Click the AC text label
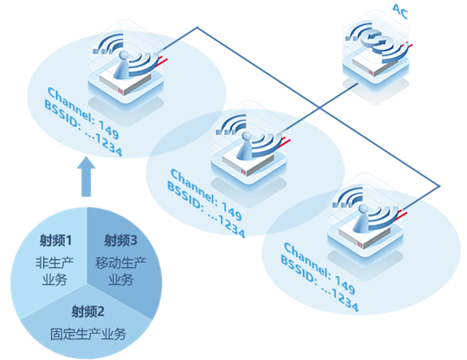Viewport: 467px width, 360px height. click(400, 11)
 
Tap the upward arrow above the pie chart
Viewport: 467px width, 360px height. click(86, 176)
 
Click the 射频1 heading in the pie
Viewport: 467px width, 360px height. click(56, 240)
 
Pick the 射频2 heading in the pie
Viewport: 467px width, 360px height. click(88, 312)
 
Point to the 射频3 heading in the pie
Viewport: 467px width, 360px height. click(121, 240)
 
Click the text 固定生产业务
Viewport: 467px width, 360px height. click(88, 334)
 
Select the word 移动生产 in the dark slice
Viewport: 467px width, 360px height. click(121, 263)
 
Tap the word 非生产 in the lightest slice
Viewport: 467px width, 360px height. click(55, 263)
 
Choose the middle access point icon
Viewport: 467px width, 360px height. click(249, 149)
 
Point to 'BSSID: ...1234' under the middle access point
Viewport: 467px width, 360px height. click(206, 209)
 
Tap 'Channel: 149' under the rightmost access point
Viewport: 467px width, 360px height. click(319, 268)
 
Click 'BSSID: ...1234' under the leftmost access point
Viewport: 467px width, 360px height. click(83, 128)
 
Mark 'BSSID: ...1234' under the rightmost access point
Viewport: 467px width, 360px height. click(320, 284)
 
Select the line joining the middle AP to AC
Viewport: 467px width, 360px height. click(320, 107)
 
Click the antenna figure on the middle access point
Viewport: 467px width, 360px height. click(245, 145)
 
